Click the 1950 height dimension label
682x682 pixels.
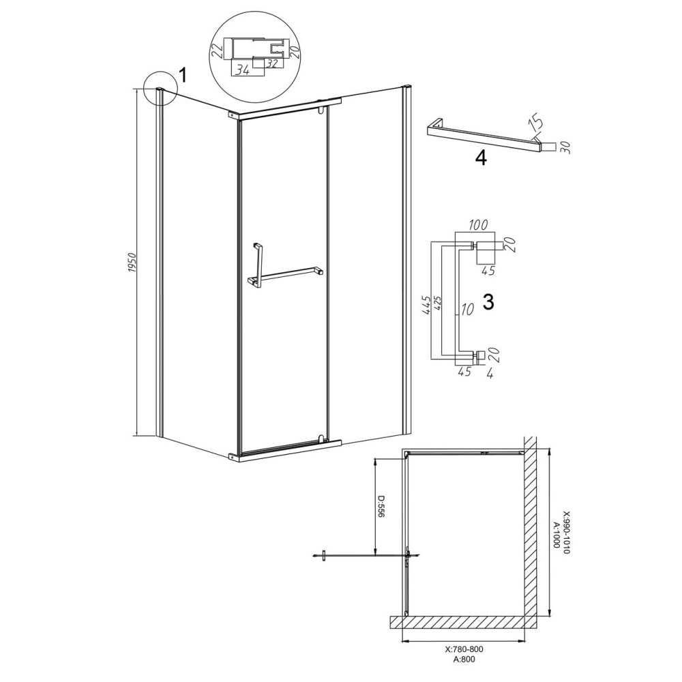pyautogui.click(x=133, y=263)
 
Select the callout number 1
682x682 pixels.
pyautogui.click(x=183, y=76)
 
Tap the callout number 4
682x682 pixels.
pyautogui.click(x=481, y=158)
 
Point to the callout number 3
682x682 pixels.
pyautogui.click(x=489, y=301)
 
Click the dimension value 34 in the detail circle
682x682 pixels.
pyautogui.click(x=242, y=70)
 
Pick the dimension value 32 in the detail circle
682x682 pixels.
pyautogui.click(x=272, y=64)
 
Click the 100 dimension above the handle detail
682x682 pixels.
pyautogui.click(x=477, y=225)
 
